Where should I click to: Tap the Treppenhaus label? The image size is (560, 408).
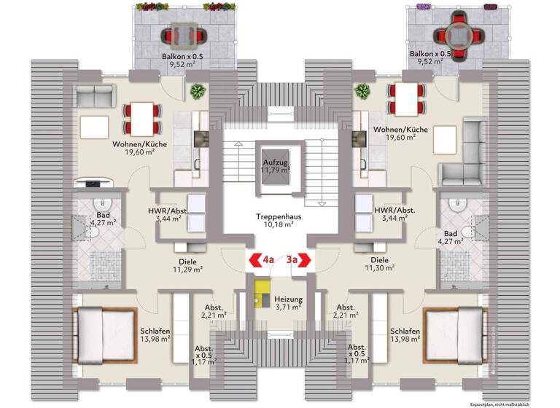pyautogui.click(x=275, y=220)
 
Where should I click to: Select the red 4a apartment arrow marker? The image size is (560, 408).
pyautogui.click(x=262, y=259)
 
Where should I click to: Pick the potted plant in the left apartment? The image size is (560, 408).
pyautogui.click(x=196, y=92)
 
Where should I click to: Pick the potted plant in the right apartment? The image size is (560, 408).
pyautogui.click(x=362, y=92)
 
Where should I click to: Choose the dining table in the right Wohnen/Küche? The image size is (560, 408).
pyautogui.click(x=402, y=98)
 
